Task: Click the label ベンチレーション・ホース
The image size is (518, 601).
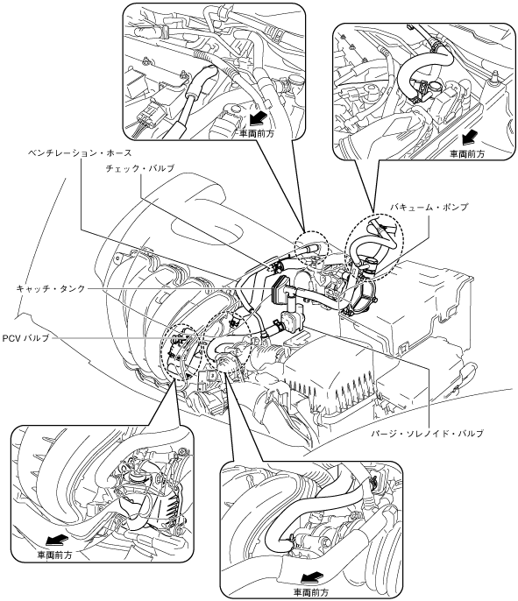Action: [x=80, y=153]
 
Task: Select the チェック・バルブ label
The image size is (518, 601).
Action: [x=140, y=168]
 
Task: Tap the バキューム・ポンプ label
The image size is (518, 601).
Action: [x=429, y=207]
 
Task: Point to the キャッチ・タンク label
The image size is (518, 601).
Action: [x=50, y=288]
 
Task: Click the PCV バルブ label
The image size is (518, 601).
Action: [x=25, y=338]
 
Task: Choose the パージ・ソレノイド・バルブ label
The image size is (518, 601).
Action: [x=427, y=434]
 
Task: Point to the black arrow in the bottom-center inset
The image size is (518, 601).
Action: [x=311, y=576]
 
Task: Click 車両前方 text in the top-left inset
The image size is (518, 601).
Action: [x=257, y=134]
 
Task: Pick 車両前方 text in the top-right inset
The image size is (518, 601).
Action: [x=467, y=153]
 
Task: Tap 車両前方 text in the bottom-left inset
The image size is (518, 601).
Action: [x=54, y=555]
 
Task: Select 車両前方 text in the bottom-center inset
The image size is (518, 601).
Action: [x=311, y=592]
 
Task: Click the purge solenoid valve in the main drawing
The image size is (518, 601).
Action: [x=291, y=319]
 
